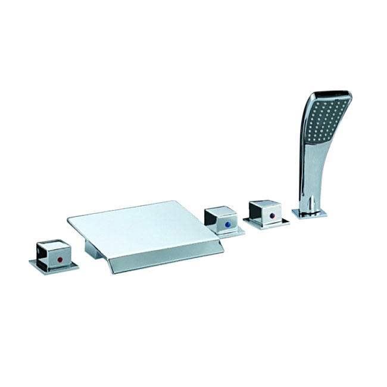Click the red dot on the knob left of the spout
point(58,261)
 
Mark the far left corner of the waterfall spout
point(68,216)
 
